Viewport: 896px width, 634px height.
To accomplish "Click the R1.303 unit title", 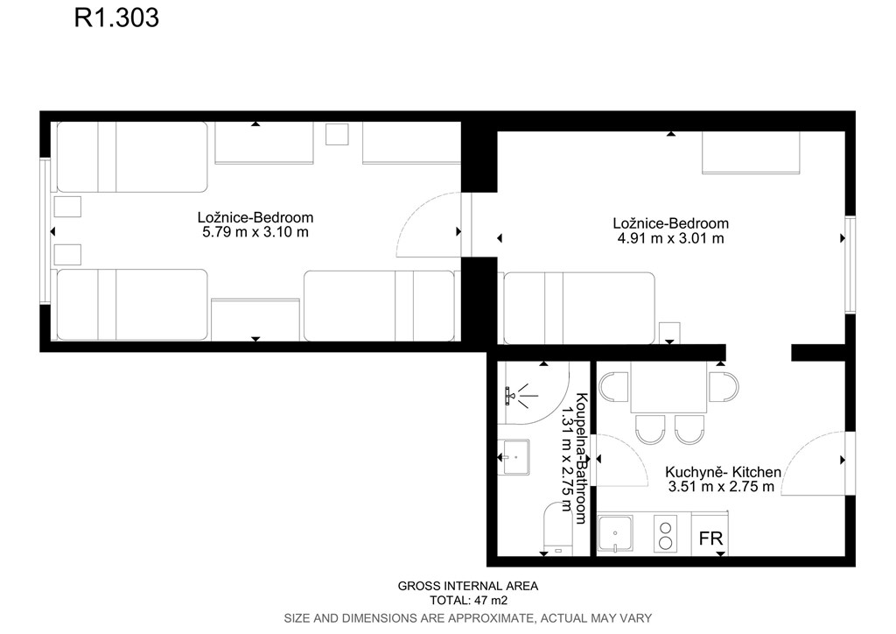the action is click(x=116, y=18).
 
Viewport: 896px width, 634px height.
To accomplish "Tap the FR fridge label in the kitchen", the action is click(x=710, y=538).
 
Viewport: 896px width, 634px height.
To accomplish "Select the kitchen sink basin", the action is click(x=615, y=534).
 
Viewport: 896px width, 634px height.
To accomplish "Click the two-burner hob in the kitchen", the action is click(x=665, y=534).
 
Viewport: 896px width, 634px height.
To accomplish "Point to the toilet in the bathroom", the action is click(x=557, y=528).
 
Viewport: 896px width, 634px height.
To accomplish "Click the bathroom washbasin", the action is click(x=516, y=457).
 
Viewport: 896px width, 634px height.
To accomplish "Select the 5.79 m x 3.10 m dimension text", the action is click(x=255, y=232).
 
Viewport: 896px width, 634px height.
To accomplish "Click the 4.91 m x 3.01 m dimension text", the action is click(x=671, y=238).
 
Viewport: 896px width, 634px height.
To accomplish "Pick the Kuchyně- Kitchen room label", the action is click(x=723, y=472).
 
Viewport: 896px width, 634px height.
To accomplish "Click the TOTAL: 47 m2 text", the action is click(x=469, y=600).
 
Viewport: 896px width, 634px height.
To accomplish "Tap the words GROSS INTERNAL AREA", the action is click(x=468, y=586).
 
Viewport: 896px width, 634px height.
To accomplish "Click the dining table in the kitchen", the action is click(x=669, y=387).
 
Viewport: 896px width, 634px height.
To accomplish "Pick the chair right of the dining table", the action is click(x=724, y=387).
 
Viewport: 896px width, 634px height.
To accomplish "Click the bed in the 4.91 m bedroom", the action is click(x=579, y=308).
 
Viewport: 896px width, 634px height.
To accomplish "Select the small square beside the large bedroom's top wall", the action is click(x=337, y=134).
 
